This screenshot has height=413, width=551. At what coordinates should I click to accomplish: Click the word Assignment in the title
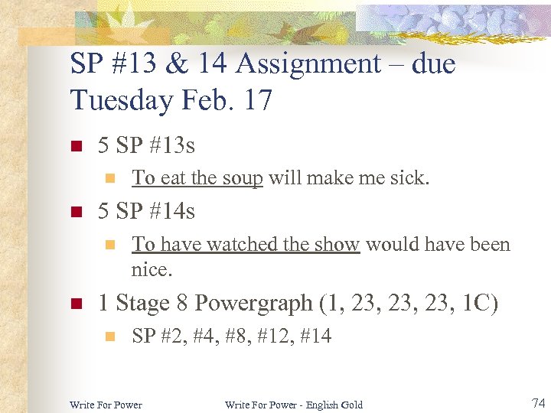pos(310,63)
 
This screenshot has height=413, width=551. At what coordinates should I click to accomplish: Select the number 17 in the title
pos(257,99)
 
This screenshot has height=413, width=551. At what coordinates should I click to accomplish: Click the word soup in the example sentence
pos(243,178)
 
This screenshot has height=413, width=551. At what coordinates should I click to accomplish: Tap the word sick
pos(412,178)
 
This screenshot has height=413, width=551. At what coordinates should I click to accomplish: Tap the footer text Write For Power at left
pos(106,405)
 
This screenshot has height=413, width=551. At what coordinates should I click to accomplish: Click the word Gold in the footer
pos(350,405)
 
